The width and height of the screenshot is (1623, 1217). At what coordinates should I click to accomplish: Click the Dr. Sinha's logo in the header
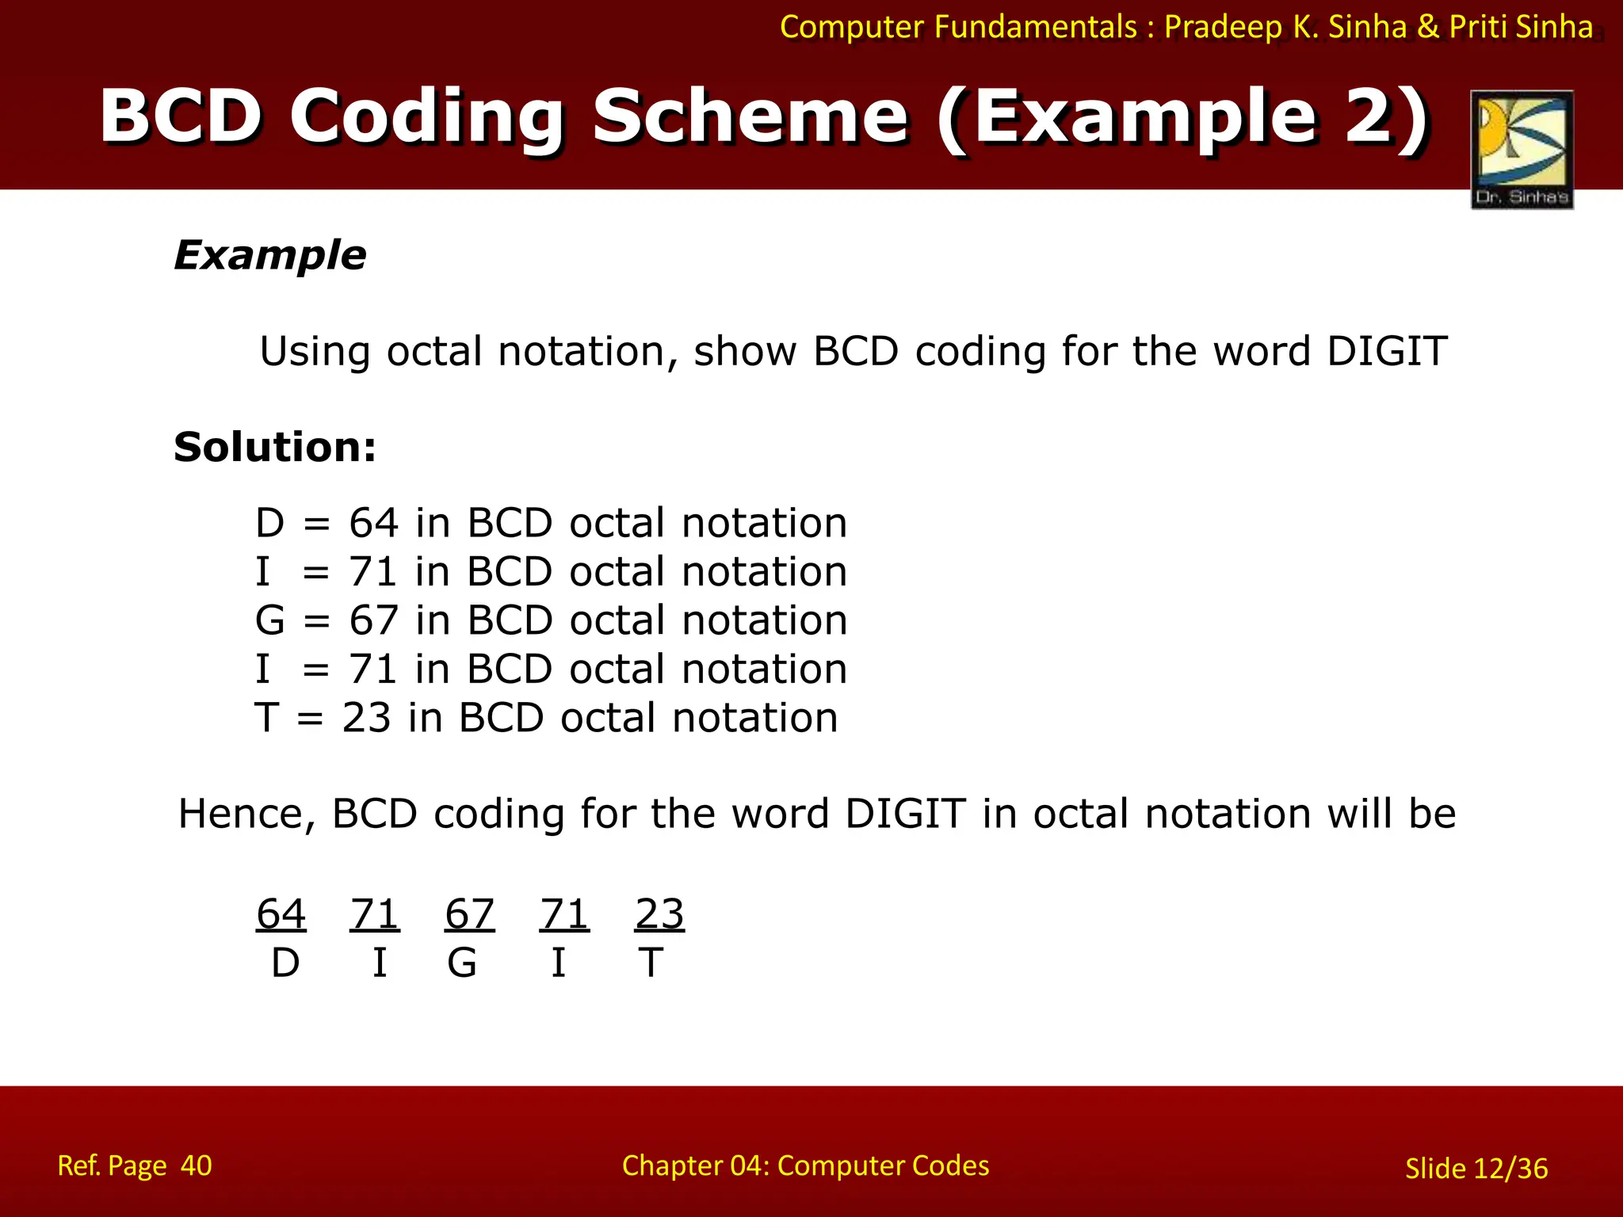(1522, 149)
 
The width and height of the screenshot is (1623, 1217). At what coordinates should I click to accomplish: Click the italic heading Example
(270, 255)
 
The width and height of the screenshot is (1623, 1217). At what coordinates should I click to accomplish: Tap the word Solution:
(274, 447)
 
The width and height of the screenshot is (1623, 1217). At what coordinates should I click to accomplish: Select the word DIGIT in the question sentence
(1387, 351)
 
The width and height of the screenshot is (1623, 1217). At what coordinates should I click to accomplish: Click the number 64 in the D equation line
(373, 523)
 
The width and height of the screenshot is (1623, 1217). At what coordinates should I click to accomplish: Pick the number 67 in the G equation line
(373, 620)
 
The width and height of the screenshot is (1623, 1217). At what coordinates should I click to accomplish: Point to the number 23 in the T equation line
(366, 718)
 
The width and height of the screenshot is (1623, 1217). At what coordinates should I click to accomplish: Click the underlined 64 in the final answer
(281, 914)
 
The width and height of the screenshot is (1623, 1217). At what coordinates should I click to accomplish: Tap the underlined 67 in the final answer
(469, 914)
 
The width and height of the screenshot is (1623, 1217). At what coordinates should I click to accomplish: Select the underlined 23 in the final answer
(659, 914)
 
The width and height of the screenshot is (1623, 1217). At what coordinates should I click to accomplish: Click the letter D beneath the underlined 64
(285, 963)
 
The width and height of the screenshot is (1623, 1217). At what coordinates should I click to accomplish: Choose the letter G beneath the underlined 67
(462, 963)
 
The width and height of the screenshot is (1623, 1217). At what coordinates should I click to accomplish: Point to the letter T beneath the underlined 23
(651, 963)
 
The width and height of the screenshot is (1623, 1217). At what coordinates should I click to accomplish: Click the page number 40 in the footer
(196, 1165)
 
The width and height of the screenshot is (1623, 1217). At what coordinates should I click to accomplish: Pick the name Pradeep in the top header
(1223, 27)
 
